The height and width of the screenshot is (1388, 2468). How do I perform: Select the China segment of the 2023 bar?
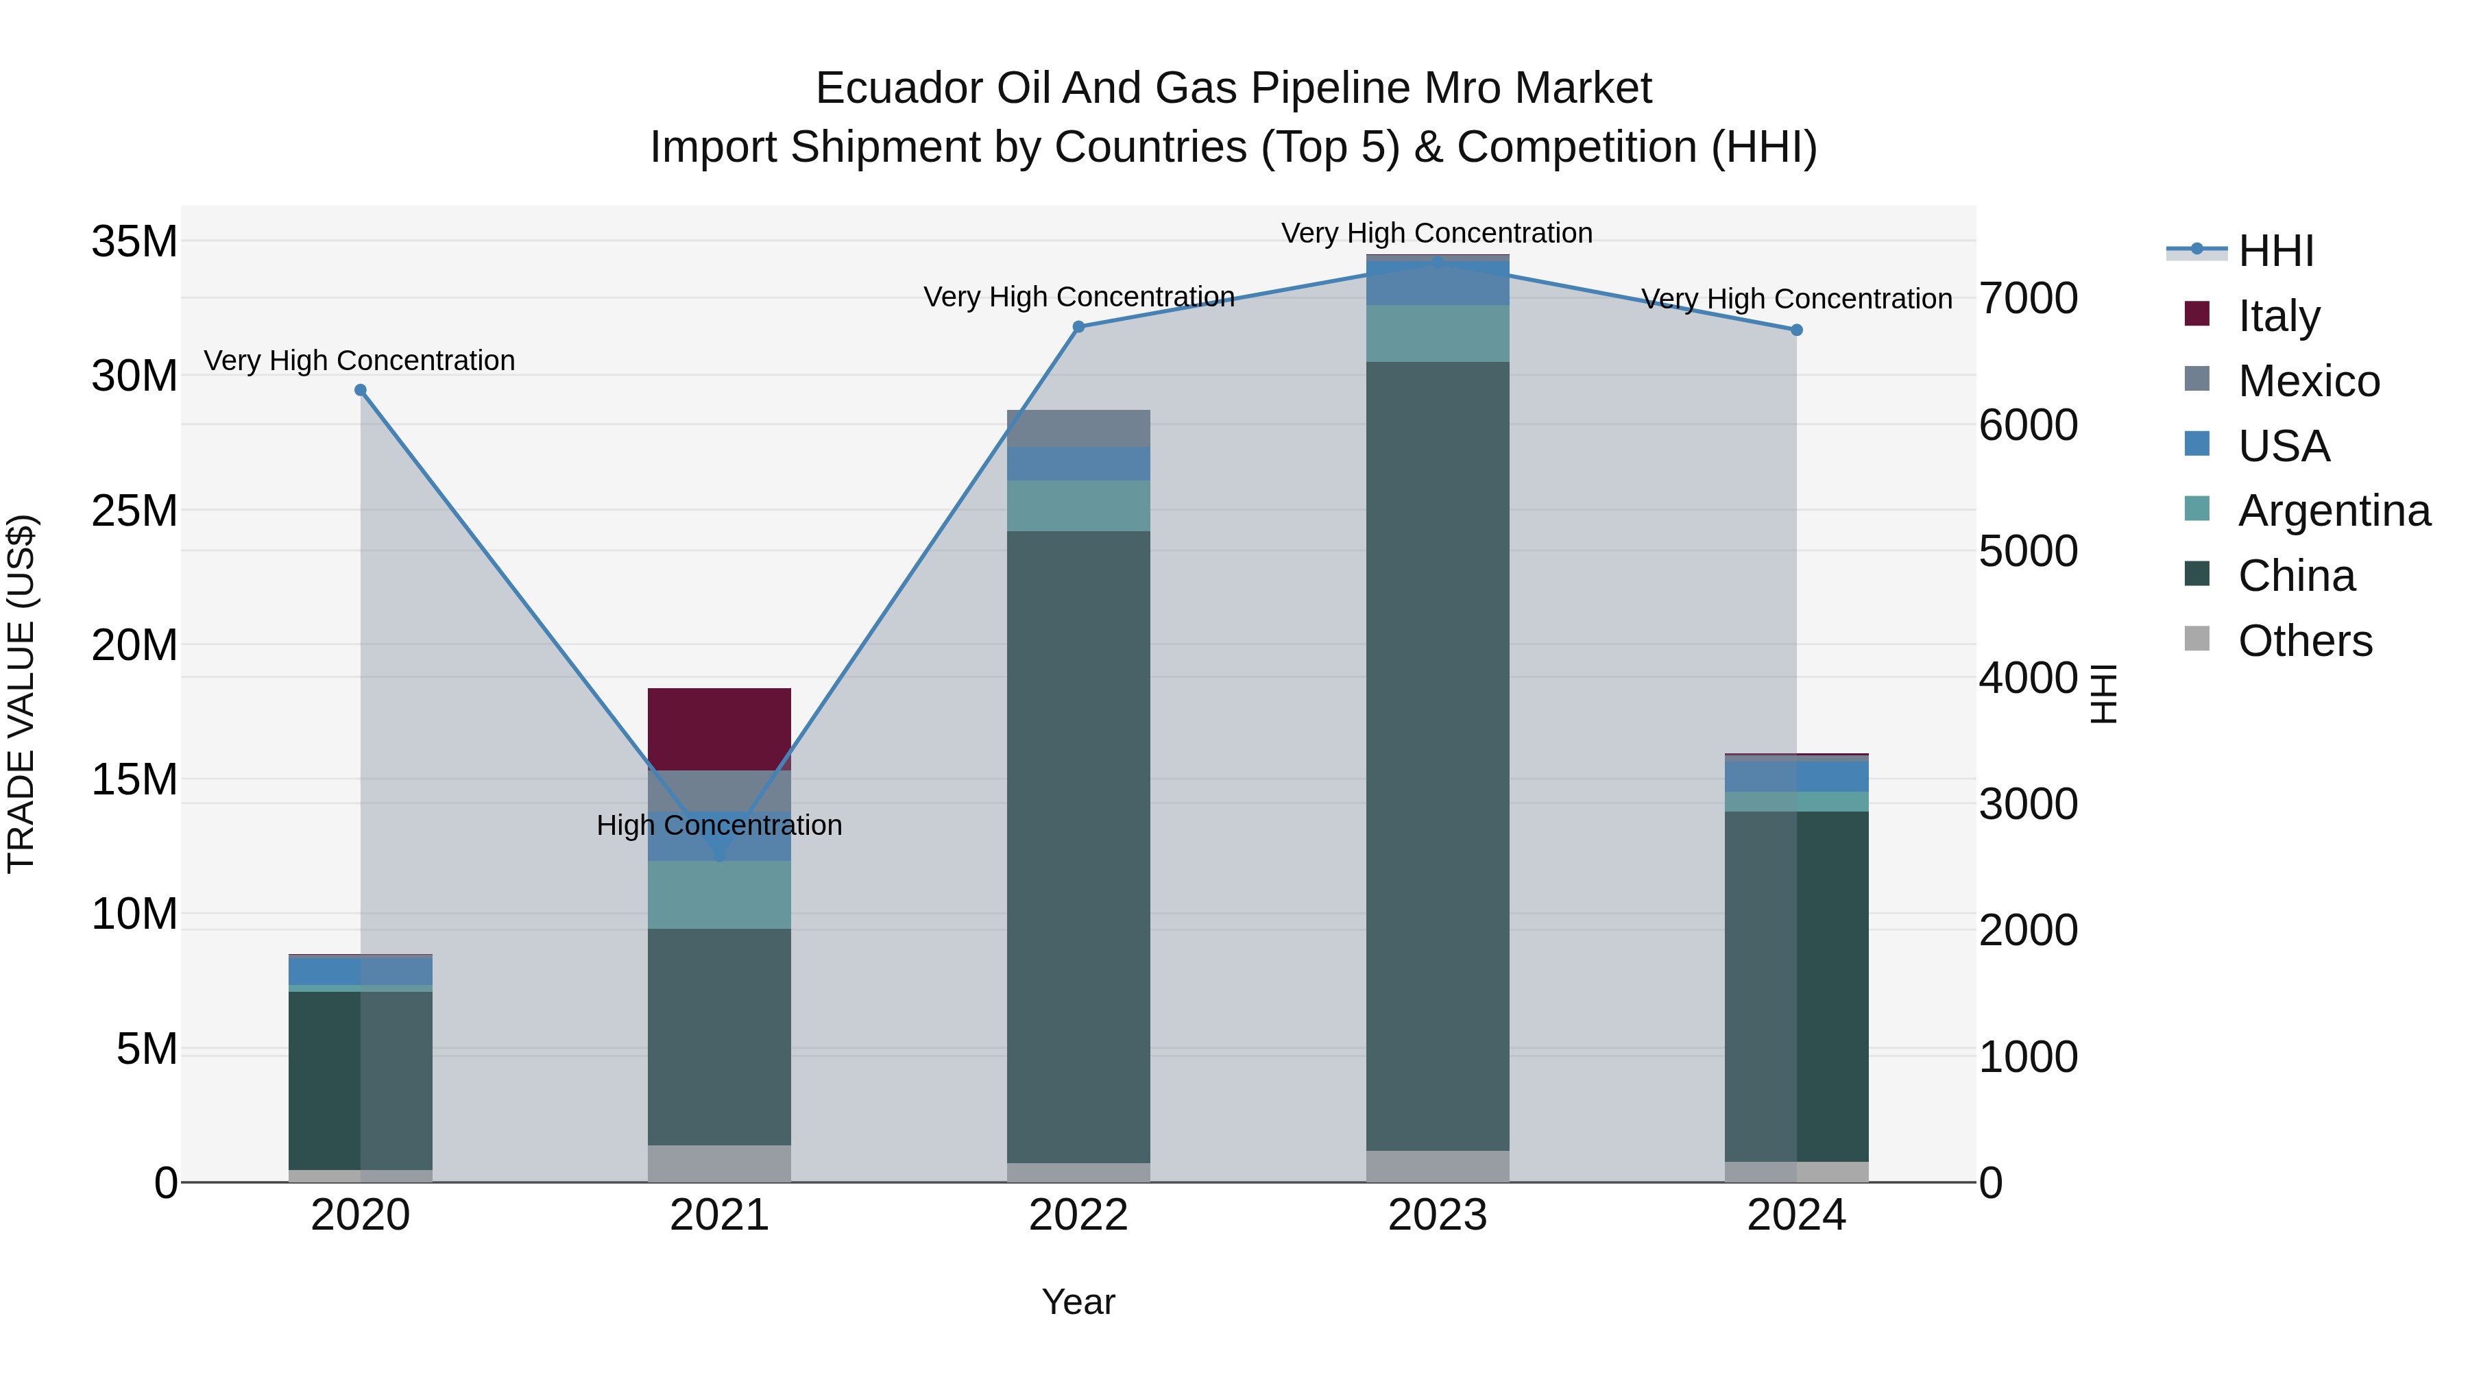click(x=1437, y=756)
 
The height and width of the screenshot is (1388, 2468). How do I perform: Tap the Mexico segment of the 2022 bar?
click(x=1078, y=428)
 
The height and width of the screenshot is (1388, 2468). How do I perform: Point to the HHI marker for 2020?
click(x=360, y=390)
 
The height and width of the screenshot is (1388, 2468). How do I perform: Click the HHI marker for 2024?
click(x=1796, y=330)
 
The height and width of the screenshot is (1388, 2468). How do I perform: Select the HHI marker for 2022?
click(x=1078, y=327)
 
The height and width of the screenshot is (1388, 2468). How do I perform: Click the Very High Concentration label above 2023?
click(x=1436, y=233)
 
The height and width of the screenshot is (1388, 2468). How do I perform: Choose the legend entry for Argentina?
click(x=2334, y=511)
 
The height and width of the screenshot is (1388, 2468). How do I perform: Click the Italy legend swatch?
click(x=2197, y=314)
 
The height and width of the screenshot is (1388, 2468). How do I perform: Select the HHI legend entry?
click(x=2275, y=251)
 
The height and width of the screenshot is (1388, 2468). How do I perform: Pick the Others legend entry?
click(x=2304, y=641)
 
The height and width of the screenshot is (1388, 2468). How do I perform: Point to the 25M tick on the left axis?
click(x=134, y=511)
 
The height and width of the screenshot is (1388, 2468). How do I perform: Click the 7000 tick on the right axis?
click(x=2029, y=298)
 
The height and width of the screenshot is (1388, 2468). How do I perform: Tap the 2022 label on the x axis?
click(x=1078, y=1215)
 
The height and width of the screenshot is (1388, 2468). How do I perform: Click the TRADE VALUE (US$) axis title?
click(x=21, y=694)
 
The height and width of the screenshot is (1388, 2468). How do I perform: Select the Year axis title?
click(x=1078, y=1302)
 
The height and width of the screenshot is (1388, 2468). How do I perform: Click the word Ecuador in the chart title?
click(x=899, y=88)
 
